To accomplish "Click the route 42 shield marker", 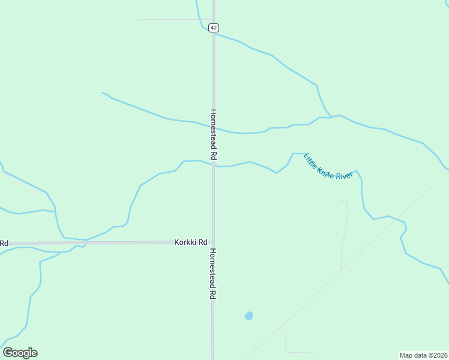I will tap(214, 28).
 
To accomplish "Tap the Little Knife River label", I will tap(328, 167).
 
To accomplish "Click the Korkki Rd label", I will tap(191, 242).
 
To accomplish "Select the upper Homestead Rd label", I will tap(213, 134).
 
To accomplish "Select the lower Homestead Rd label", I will tap(213, 274).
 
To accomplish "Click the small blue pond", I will tap(249, 316).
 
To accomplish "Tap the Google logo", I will tap(20, 353).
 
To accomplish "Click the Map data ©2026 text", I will tap(424, 355).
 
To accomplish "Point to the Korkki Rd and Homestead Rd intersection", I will tap(213, 242).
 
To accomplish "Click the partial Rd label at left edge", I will tap(4, 243).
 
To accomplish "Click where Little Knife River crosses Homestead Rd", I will tap(213, 165).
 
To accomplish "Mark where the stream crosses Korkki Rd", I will tap(85, 242).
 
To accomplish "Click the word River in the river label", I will tap(343, 176).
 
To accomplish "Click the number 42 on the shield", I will tap(214, 28).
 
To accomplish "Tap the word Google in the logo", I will tap(20, 353).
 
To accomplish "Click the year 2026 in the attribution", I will tap(440, 355).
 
